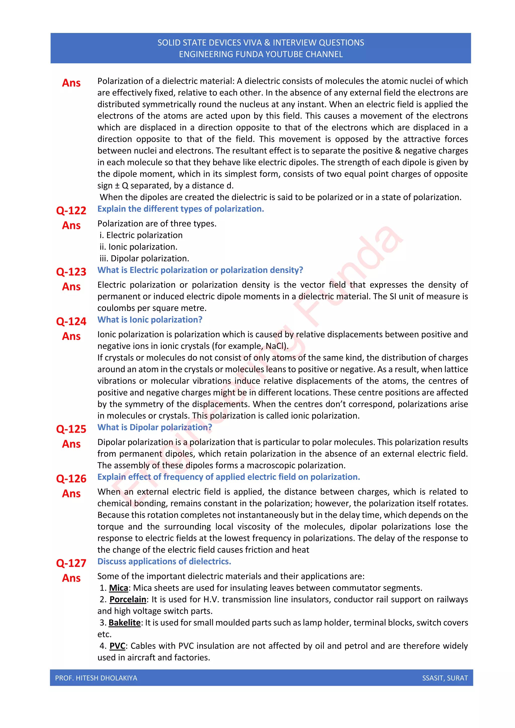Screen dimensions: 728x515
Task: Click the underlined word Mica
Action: tap(118, 588)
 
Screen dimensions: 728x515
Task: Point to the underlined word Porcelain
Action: tap(128, 600)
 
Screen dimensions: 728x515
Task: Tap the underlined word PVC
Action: tap(117, 646)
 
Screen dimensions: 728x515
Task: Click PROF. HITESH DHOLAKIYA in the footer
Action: tap(96, 678)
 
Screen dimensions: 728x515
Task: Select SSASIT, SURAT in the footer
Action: tap(445, 678)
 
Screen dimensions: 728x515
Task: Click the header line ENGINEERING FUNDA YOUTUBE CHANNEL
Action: tap(261, 54)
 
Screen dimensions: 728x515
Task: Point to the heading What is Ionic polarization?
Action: tap(150, 320)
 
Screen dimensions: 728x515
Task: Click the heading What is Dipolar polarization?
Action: tap(154, 427)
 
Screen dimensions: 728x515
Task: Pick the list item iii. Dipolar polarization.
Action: tap(144, 258)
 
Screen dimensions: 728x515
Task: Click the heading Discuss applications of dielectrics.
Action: tap(164, 562)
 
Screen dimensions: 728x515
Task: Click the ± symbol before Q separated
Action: tap(117, 186)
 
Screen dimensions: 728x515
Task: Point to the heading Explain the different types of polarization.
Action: tap(181, 209)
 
